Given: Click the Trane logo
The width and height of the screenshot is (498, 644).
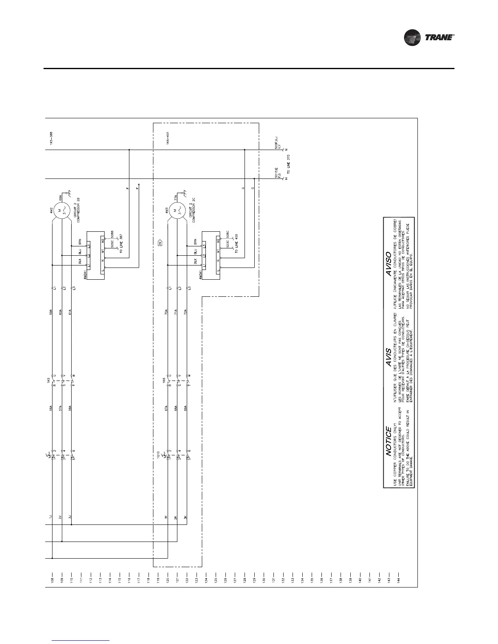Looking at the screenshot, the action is pos(429,38).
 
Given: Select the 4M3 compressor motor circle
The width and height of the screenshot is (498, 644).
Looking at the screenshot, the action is pos(177,212).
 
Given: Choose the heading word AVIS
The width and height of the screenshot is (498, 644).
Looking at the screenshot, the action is pos(389,357).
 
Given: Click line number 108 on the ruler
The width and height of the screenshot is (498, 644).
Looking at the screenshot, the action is pos(52,579).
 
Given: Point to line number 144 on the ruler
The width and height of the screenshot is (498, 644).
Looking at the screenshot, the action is pos(398,579).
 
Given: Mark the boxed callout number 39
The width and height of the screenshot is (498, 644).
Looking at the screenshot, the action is pos(160,244).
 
